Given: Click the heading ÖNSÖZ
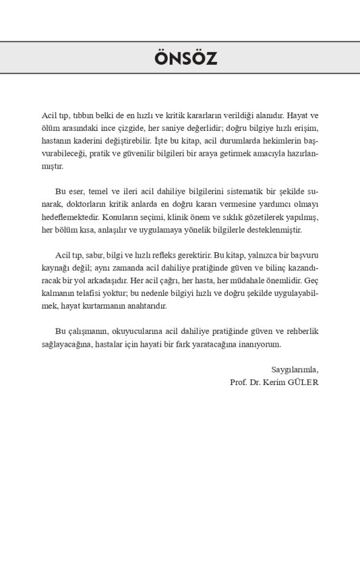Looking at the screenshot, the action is point(185,58).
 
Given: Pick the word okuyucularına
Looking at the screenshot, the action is point(139,332).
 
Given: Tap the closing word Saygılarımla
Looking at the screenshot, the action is point(295,370).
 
